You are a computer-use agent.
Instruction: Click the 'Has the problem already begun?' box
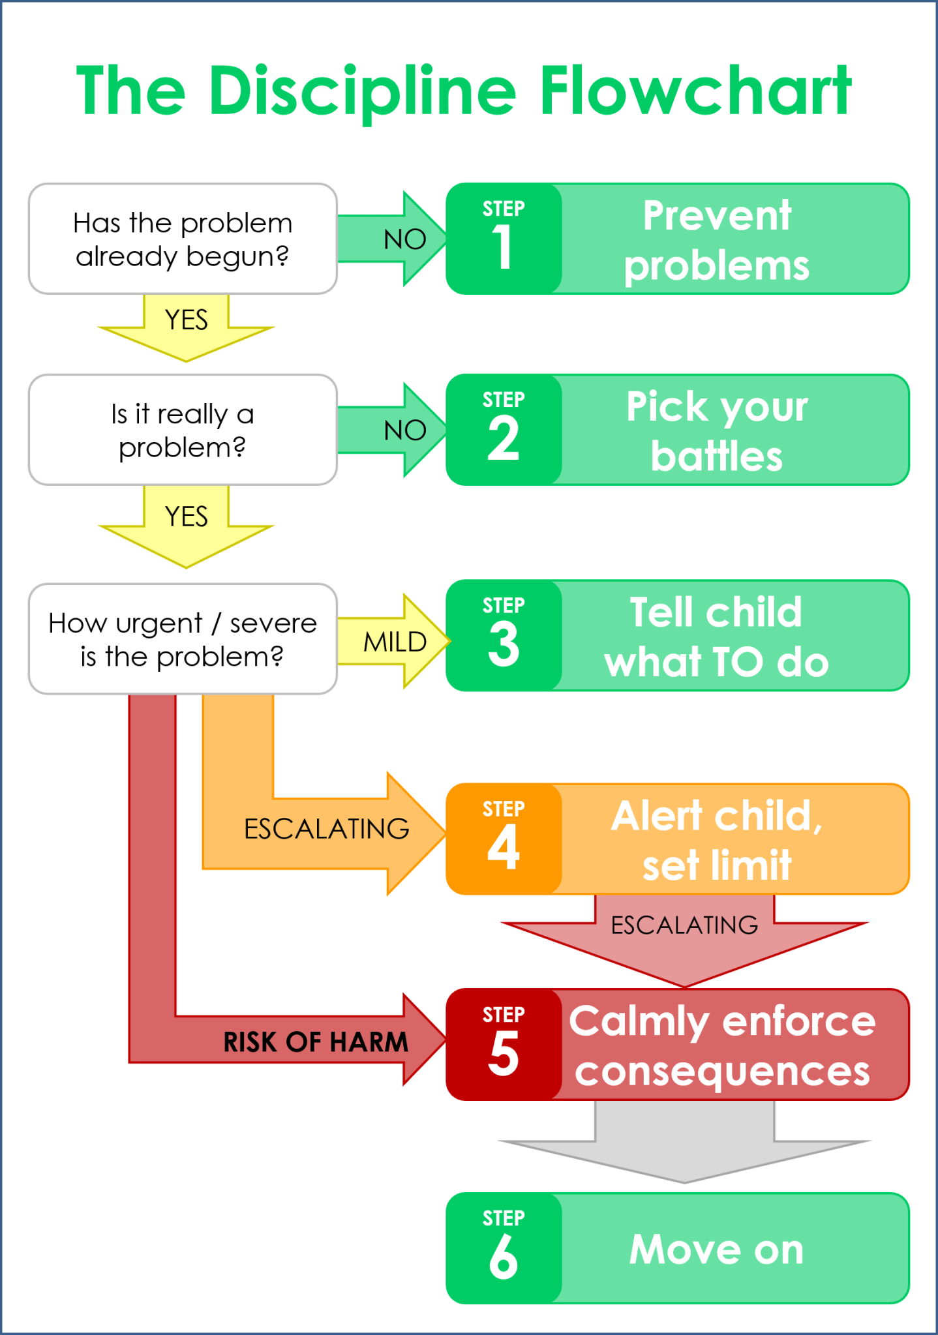(x=183, y=239)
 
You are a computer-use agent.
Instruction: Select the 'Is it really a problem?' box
(x=183, y=430)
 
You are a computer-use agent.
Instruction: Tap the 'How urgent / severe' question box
(x=183, y=639)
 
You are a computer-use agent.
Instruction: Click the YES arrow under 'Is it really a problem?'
(x=187, y=522)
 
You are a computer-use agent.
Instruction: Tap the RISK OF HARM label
(x=316, y=1042)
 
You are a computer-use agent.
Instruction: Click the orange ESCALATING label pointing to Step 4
(x=326, y=829)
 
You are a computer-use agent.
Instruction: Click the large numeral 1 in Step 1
(x=502, y=247)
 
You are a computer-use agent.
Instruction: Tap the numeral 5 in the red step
(x=503, y=1053)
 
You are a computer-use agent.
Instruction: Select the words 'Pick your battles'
(x=716, y=430)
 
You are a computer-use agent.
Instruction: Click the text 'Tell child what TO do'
(x=716, y=637)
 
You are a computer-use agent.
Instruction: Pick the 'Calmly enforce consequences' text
(x=722, y=1045)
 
